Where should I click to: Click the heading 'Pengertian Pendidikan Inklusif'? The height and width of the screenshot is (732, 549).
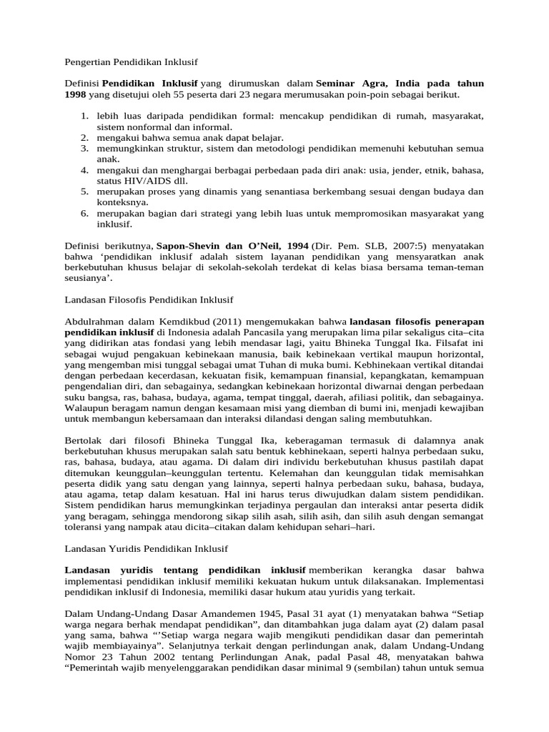pos(131,63)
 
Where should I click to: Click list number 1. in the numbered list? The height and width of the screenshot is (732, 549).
pos(84,115)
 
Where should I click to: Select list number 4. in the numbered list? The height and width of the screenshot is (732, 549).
pos(84,170)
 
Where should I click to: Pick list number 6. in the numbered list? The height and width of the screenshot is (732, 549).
pos(84,213)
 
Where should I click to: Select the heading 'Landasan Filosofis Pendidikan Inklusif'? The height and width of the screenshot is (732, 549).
pos(149,299)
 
